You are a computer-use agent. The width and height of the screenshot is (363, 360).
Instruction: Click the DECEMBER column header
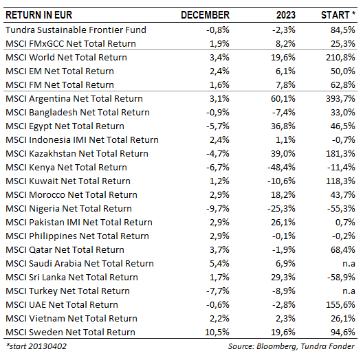click(x=205, y=15)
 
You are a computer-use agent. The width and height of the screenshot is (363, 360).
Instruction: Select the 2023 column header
click(x=286, y=15)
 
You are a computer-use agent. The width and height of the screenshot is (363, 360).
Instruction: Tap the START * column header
click(x=338, y=15)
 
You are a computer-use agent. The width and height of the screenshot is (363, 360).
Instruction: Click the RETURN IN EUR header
click(x=39, y=15)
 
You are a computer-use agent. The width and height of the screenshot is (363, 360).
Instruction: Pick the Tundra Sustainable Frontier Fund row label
click(x=76, y=30)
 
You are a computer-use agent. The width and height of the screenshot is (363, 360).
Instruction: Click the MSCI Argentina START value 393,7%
click(x=340, y=98)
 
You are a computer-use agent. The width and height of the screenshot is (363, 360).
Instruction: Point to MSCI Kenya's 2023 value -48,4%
click(x=281, y=167)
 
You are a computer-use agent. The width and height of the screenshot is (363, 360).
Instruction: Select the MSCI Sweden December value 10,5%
click(x=217, y=333)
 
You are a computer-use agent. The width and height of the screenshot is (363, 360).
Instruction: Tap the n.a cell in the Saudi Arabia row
click(x=349, y=264)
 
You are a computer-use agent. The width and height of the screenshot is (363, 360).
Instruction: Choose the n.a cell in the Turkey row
click(x=349, y=291)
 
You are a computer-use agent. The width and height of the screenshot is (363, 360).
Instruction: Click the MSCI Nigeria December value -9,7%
click(x=218, y=208)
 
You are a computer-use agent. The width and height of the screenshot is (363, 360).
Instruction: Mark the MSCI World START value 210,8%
click(x=340, y=58)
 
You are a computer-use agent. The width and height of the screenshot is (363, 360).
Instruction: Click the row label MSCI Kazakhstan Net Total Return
click(x=77, y=154)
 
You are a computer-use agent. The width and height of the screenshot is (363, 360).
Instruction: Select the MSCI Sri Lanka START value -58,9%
click(x=341, y=277)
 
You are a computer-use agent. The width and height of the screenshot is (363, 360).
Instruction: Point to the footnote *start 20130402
click(x=36, y=346)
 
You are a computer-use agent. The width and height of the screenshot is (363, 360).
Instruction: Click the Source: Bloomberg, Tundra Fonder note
click(x=291, y=346)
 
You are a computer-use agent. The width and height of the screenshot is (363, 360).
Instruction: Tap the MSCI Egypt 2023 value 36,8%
click(x=283, y=126)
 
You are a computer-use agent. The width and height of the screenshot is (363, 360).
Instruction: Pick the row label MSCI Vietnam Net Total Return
click(x=71, y=319)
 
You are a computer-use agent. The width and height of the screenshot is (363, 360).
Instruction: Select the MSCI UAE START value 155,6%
click(x=340, y=305)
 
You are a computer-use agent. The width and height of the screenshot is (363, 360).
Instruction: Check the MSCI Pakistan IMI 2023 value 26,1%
click(x=283, y=223)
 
